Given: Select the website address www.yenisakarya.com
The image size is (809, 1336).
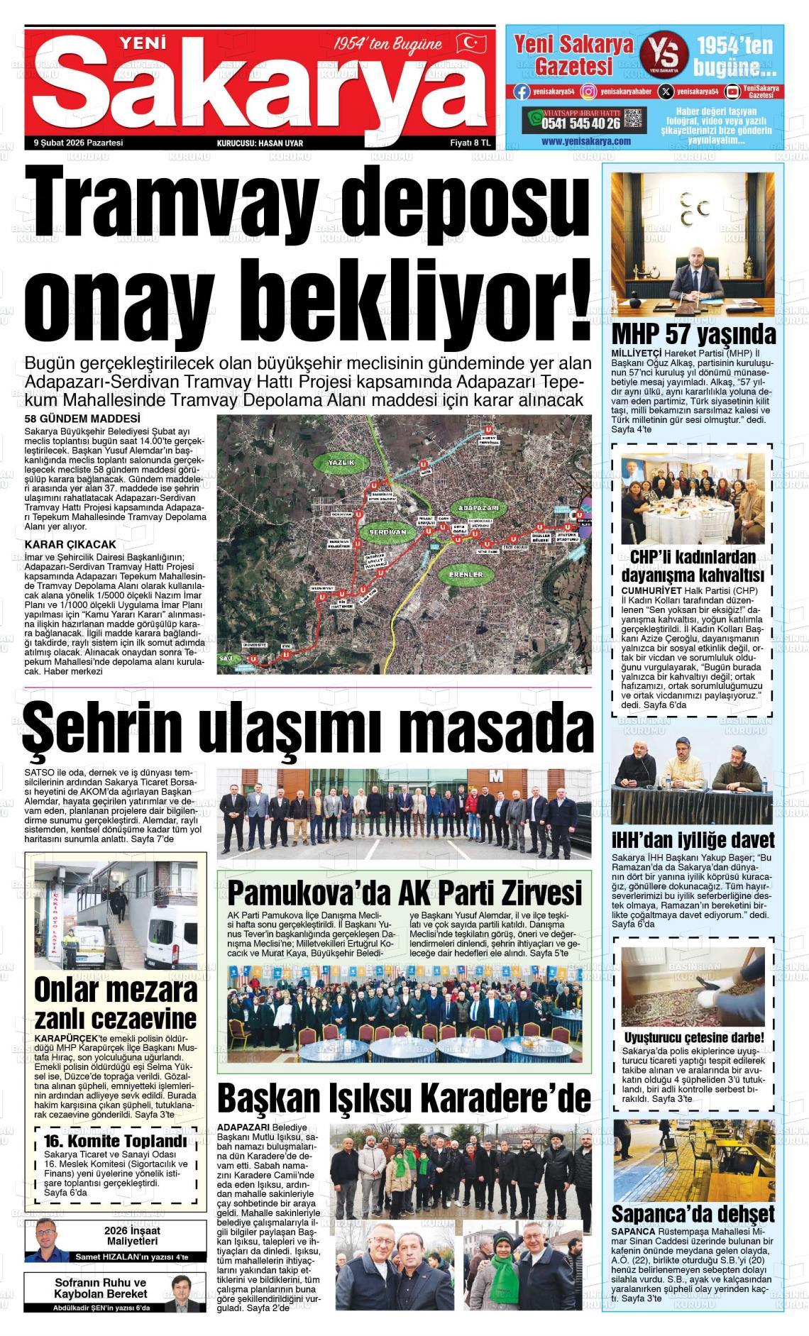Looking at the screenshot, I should tap(585, 141).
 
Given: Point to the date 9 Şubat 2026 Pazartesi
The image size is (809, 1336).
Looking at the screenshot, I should tap(79, 143).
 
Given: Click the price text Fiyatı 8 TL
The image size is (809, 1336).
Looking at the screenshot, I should tap(470, 143).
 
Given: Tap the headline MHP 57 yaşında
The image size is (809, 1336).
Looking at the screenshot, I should tap(693, 334).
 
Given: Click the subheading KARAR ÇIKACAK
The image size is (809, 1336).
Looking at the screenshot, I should tap(70, 544).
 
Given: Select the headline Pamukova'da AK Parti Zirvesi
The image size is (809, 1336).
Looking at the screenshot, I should tap(404, 890).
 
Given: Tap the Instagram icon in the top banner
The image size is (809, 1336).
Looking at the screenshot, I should tap(588, 91).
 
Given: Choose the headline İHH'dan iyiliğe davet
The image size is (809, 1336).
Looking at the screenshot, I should tap(693, 841).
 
